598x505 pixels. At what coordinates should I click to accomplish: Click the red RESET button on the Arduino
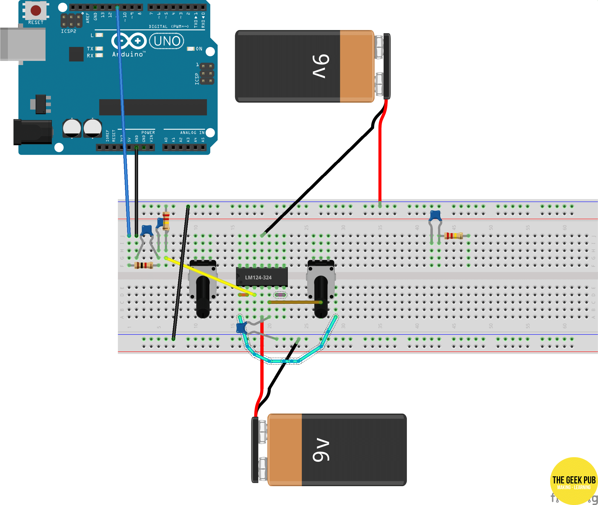click(x=36, y=10)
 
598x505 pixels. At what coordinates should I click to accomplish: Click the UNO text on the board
click(x=167, y=41)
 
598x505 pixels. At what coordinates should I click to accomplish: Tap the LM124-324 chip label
click(x=258, y=277)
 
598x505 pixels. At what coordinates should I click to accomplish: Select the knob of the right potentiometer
click(x=321, y=298)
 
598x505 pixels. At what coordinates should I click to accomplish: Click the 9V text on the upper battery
click(x=321, y=66)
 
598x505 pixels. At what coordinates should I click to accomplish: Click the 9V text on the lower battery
click(x=321, y=450)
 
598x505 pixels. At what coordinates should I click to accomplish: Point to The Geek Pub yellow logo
click(x=574, y=481)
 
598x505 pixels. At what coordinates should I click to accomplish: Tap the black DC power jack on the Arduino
click(x=33, y=132)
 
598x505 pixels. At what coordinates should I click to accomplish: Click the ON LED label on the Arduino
click(x=199, y=49)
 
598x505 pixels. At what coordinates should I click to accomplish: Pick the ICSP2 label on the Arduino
click(x=68, y=31)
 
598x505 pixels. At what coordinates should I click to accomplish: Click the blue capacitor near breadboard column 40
click(x=435, y=215)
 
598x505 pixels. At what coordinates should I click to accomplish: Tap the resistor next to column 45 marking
click(x=453, y=236)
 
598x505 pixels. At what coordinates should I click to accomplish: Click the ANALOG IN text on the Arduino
click(x=192, y=133)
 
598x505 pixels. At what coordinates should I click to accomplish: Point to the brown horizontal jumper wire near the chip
click(x=295, y=302)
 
